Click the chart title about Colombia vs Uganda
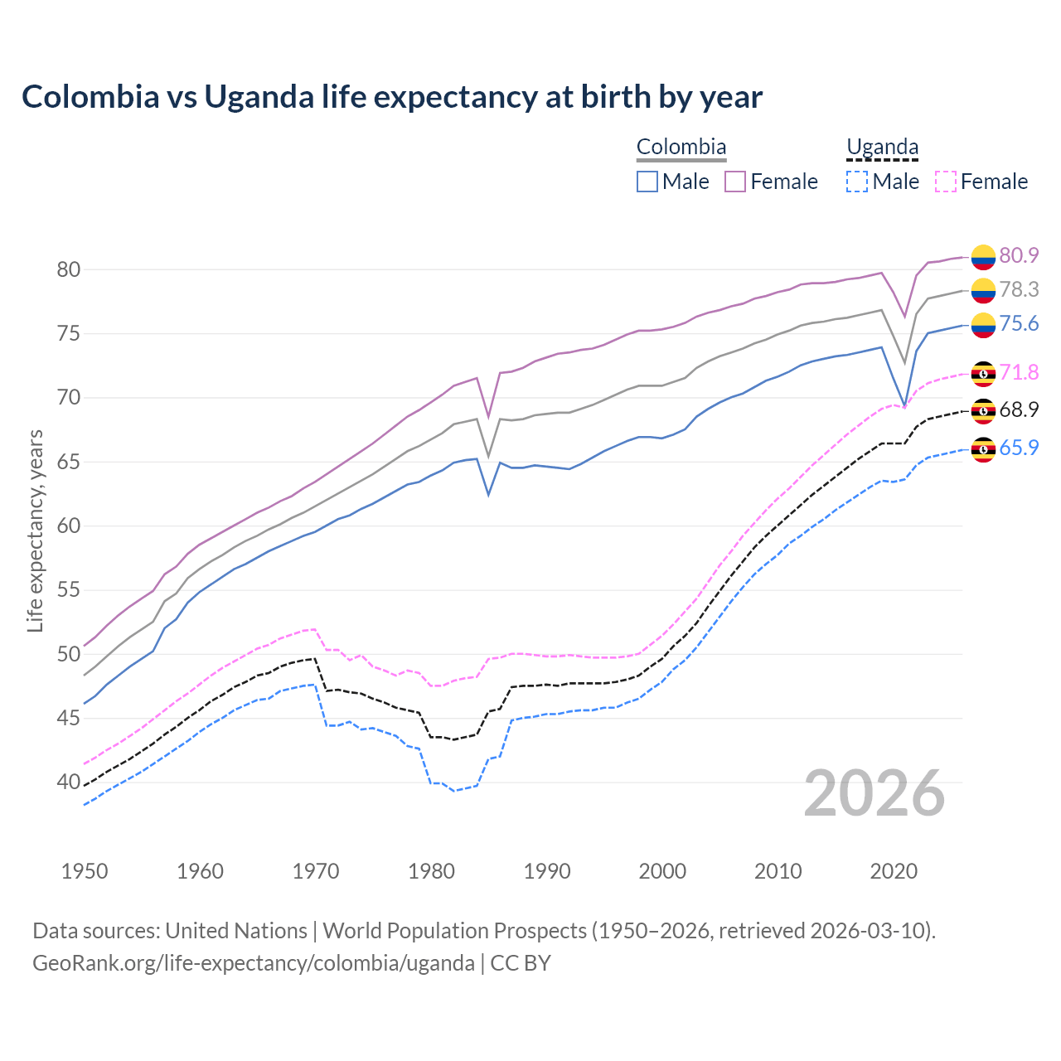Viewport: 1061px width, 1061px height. click(391, 97)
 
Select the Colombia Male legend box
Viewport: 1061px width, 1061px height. click(647, 182)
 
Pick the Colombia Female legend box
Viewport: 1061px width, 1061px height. click(735, 182)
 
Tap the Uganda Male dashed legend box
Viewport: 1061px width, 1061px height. click(857, 182)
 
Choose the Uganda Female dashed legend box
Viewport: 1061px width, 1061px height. click(946, 182)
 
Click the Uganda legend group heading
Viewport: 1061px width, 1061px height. click(882, 148)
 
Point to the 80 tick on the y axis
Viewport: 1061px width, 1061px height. click(68, 269)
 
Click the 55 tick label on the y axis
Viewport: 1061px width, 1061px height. click(68, 590)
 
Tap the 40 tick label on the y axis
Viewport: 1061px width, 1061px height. click(68, 782)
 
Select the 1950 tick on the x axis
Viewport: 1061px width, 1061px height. click(85, 871)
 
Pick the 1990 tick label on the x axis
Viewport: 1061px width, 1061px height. click(547, 871)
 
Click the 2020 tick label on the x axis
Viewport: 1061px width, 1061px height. click(894, 871)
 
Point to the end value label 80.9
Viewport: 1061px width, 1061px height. click(1019, 255)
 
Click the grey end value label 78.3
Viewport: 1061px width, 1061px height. click(1019, 289)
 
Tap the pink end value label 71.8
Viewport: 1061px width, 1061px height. click(1019, 372)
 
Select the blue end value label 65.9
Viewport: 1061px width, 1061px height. click(1019, 448)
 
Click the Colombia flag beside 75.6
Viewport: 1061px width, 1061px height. click(983, 325)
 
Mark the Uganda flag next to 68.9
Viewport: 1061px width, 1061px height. click(983, 410)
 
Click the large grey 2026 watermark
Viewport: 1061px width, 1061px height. click(874, 793)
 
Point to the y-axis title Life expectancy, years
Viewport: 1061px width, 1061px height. click(35, 530)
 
